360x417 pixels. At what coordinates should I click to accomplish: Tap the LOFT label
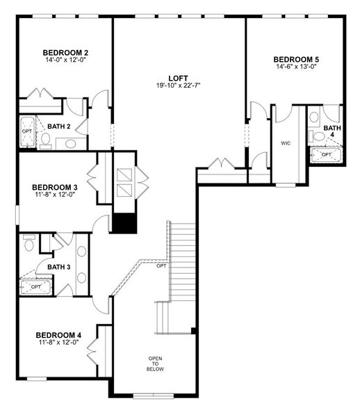[x=179, y=78]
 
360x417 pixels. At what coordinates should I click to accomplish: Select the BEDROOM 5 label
[x=296, y=59]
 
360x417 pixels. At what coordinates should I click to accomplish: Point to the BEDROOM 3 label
[x=55, y=187]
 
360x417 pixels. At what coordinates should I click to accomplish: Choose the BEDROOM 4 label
[x=58, y=334]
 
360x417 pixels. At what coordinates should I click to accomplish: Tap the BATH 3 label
[x=59, y=267]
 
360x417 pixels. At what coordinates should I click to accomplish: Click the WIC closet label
[x=286, y=143]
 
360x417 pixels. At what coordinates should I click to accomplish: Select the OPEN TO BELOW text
[x=155, y=364]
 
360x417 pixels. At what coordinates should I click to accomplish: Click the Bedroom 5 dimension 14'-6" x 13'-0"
[x=296, y=67]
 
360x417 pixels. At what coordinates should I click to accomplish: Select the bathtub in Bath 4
[x=325, y=154]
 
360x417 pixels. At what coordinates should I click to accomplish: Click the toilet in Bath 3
[x=29, y=245]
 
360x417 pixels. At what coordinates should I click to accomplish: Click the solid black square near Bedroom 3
[x=124, y=224]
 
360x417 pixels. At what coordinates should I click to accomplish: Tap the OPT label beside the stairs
[x=161, y=265]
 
